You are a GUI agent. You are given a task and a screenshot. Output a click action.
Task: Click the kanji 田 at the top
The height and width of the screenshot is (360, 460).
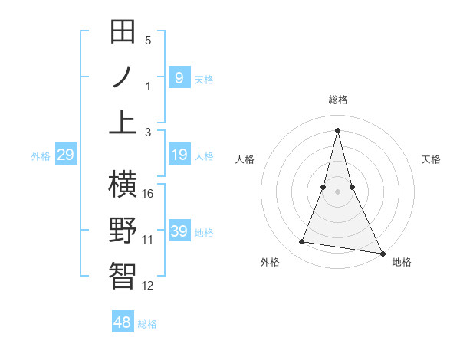(123, 32)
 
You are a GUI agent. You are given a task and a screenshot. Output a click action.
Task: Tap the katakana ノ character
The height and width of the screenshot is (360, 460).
(123, 77)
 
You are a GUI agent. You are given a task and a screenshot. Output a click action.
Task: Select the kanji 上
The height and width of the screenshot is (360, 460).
(123, 123)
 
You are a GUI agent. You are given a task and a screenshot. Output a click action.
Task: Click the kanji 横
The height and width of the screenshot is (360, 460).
(123, 185)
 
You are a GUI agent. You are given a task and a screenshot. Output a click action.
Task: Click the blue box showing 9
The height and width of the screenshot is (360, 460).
(179, 77)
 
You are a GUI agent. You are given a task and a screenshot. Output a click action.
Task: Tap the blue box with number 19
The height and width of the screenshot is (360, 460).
(179, 155)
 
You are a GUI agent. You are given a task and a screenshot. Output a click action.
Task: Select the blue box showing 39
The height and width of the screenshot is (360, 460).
(179, 231)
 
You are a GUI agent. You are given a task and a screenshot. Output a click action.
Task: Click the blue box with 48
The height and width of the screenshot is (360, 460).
(123, 322)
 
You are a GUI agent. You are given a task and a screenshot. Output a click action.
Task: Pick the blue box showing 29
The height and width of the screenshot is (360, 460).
(65, 155)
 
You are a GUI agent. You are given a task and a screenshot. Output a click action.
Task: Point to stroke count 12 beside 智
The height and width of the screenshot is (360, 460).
(148, 286)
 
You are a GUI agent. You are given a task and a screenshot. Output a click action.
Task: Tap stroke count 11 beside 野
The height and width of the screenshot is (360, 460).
(148, 240)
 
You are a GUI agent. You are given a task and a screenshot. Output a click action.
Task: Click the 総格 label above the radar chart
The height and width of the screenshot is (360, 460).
(338, 100)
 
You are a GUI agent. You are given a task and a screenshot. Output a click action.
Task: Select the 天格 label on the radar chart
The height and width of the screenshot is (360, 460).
(431, 159)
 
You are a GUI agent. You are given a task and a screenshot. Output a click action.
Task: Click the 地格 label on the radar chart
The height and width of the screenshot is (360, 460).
(402, 262)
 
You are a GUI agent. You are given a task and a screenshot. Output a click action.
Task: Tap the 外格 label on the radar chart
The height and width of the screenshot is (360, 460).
(270, 262)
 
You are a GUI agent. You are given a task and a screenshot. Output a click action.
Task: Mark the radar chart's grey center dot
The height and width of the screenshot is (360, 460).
(338, 191)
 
